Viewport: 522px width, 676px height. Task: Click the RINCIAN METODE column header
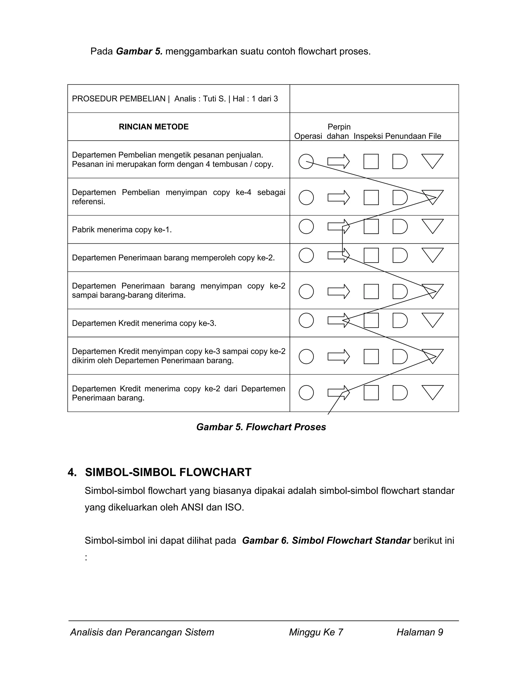pos(153,127)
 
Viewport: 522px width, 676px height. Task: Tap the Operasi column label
pos(308,136)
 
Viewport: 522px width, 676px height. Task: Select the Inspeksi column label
pos(368,136)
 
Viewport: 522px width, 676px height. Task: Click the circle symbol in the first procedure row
pos(306,161)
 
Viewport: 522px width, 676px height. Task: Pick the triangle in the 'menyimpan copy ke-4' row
pos(432,196)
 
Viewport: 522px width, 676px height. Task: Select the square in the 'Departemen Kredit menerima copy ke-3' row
pos(371,320)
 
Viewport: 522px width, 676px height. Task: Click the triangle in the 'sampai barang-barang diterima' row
pos(432,290)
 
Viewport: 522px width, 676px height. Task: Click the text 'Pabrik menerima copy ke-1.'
pos(122,230)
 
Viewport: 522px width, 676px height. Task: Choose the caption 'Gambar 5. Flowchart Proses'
pos(261,427)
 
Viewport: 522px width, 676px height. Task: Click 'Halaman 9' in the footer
pos(420,632)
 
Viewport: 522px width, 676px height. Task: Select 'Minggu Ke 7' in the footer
pos(316,632)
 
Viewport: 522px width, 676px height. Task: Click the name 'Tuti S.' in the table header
pos(214,99)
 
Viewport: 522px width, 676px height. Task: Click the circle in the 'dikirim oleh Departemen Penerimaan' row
pos(306,356)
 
